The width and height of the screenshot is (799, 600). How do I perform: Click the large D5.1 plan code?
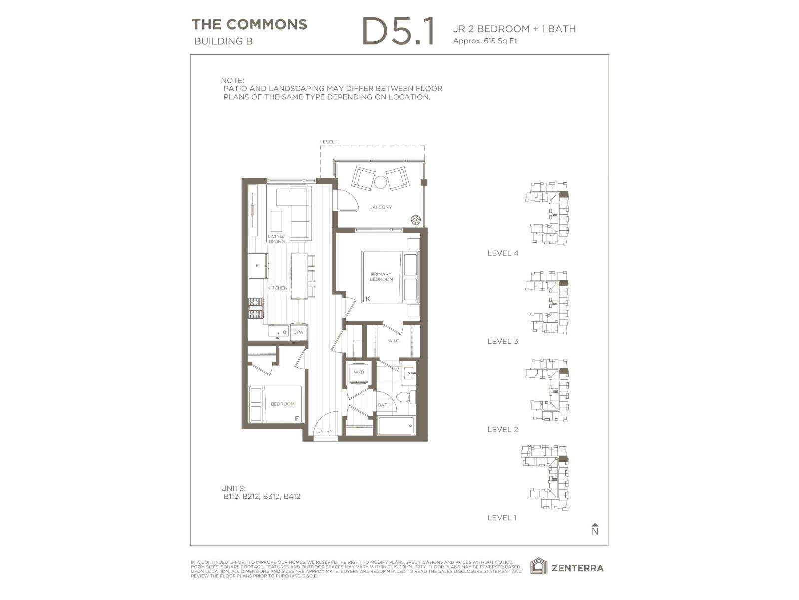point(398,32)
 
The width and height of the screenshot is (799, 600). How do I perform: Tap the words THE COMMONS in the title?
point(249,24)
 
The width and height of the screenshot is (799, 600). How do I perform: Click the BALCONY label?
point(380,207)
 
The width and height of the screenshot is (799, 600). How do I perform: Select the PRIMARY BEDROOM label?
point(381,277)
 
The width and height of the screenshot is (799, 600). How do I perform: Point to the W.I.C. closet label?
point(394,341)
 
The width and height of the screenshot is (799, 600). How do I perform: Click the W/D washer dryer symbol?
point(359,373)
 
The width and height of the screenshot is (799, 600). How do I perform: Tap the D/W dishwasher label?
point(298,332)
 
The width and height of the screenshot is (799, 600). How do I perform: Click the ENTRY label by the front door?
point(325,431)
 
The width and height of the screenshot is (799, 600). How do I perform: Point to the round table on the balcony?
point(381,182)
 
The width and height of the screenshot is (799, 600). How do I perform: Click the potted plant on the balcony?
point(416,219)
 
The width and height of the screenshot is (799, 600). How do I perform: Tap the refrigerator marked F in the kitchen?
point(258,266)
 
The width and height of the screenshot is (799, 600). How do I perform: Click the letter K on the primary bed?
point(368,299)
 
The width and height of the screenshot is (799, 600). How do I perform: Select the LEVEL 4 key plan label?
point(503,253)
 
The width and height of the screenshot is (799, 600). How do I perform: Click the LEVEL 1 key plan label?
point(502,518)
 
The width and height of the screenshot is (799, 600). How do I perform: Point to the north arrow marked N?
point(595,530)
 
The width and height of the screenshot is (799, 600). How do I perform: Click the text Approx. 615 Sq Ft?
point(484,41)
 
